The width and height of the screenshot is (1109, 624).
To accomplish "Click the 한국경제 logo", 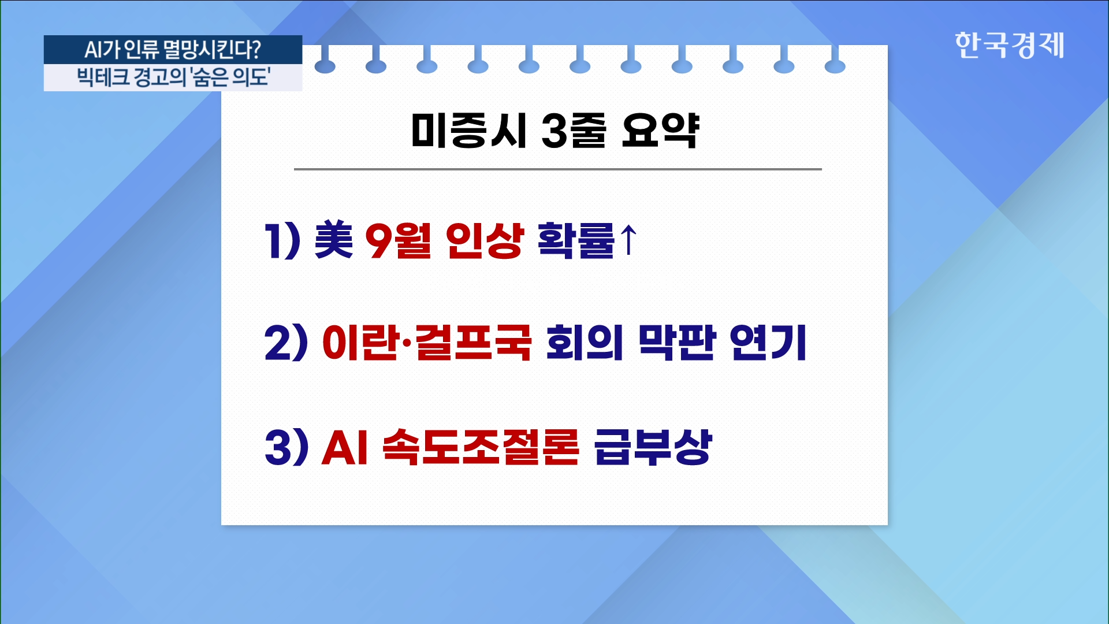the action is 1009,45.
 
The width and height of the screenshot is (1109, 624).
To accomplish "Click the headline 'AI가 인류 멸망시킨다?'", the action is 173,50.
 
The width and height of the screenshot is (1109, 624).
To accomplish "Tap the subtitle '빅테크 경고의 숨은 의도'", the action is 173,77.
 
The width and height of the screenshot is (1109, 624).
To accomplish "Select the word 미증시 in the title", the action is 468,131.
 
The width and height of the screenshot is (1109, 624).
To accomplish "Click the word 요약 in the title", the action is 660,131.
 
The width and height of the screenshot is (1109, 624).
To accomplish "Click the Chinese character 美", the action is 333,240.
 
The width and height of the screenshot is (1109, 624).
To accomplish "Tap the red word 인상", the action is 485,240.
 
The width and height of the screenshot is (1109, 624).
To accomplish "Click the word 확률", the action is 576,240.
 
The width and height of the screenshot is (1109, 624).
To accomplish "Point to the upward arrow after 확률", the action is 628,240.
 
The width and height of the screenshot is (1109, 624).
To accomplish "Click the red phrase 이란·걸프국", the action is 426,343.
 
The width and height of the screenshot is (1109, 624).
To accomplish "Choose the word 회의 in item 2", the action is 585,343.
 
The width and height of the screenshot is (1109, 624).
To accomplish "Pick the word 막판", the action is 676,343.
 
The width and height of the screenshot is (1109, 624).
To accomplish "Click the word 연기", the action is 768,343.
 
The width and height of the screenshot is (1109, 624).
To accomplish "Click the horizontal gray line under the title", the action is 558,169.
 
